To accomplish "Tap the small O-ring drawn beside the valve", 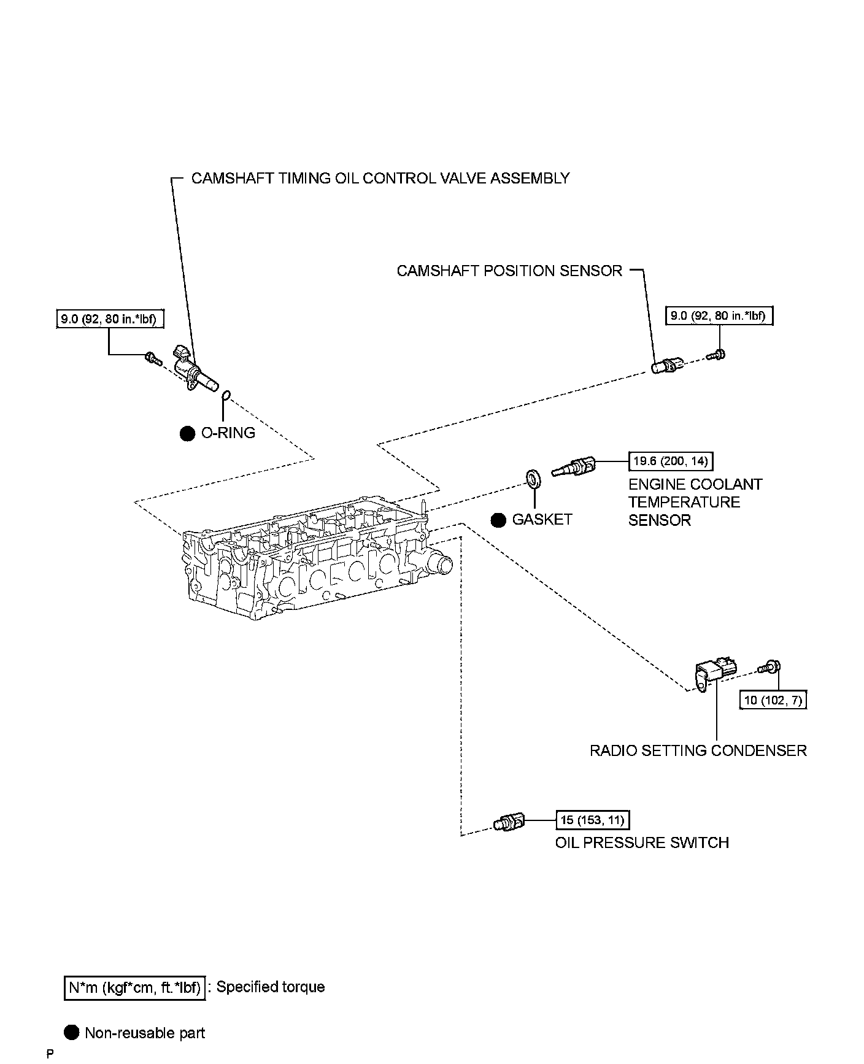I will (x=226, y=395).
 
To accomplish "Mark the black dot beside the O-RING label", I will (x=188, y=433).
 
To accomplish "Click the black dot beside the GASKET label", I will (x=499, y=520).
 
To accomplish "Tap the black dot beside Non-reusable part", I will (x=72, y=1033).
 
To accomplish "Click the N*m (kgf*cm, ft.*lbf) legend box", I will (x=134, y=987).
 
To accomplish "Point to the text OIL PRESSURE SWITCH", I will (x=642, y=842).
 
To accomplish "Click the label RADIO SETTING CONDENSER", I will (x=698, y=750).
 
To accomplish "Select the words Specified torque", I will (x=271, y=987).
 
